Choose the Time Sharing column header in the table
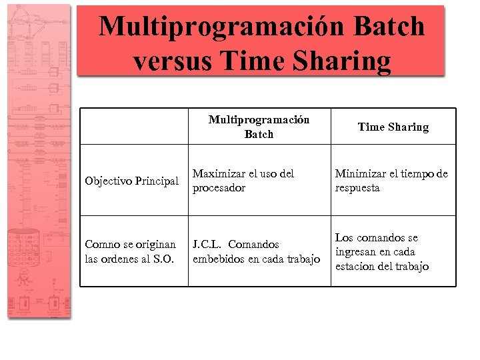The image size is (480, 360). click(393, 127)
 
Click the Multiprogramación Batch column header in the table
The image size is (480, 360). click(259, 127)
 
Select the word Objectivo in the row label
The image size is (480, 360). click(109, 181)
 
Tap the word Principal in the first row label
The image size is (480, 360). click(157, 181)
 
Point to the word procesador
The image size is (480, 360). click(219, 188)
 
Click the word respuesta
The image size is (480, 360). click(357, 188)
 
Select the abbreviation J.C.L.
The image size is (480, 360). click(207, 245)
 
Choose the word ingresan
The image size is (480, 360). click(357, 252)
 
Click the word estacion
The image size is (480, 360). click(356, 267)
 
